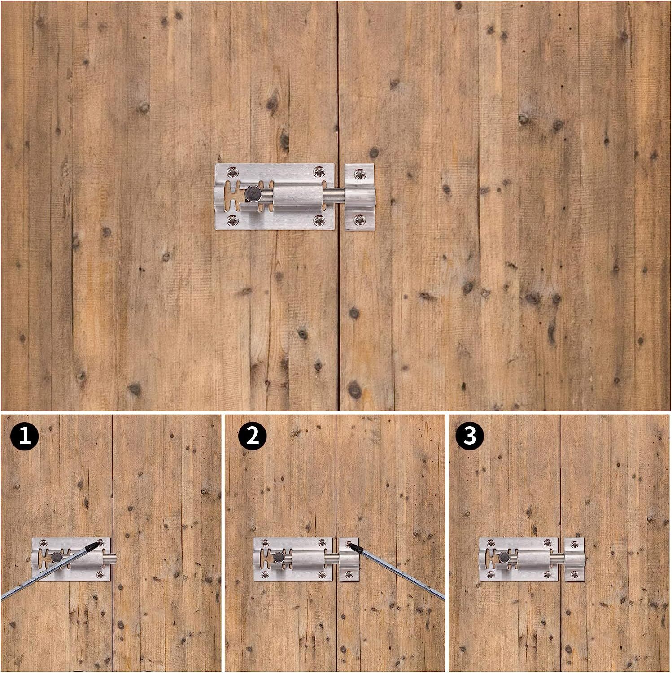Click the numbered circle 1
pos(26,436)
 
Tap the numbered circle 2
pos(253,436)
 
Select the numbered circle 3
pos(470,436)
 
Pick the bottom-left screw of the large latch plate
pos(232,220)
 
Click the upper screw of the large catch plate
pos(359,172)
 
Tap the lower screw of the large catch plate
pos(359,220)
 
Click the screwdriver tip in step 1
pos(95,545)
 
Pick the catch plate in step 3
pos(575,559)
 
